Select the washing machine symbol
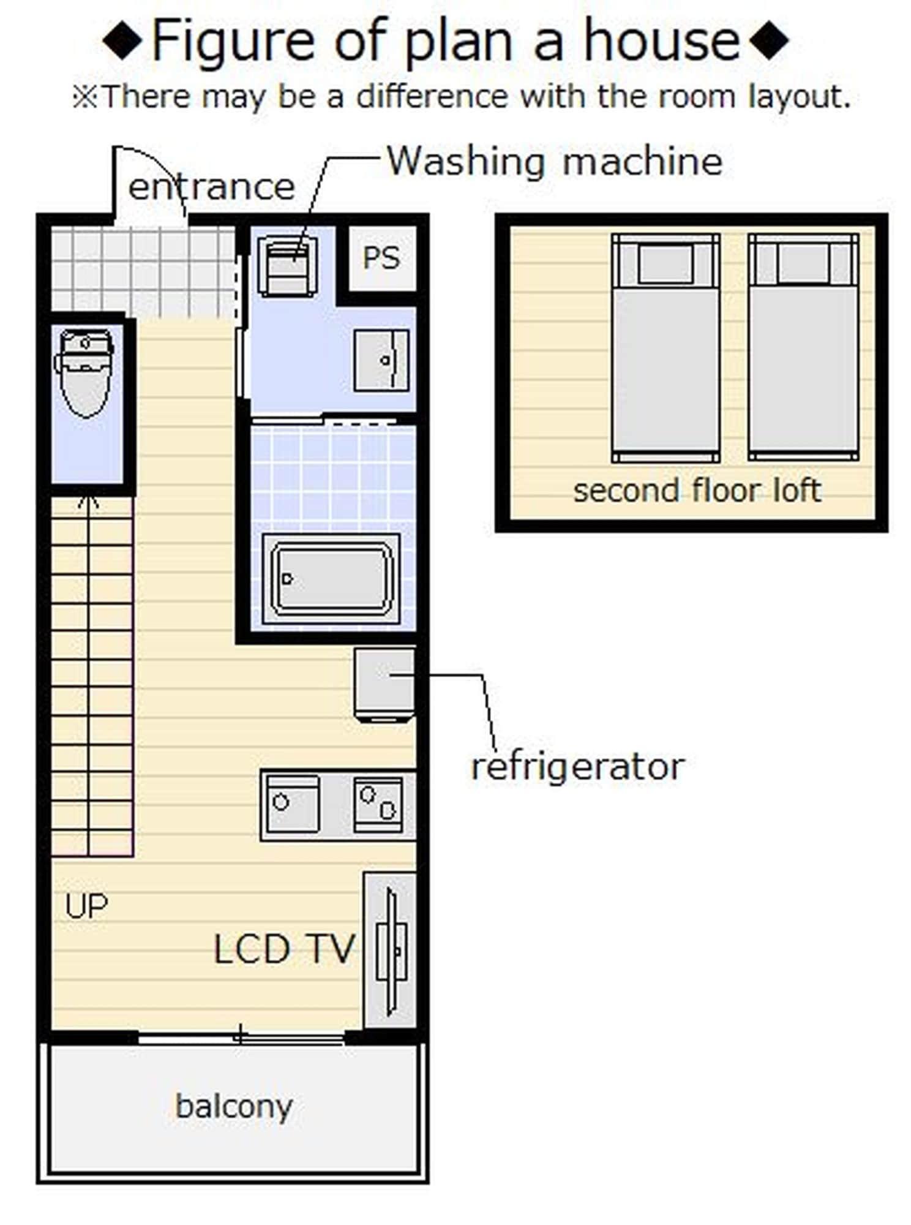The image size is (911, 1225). (288, 266)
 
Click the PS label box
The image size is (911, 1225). (381, 258)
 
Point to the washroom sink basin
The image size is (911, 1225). (381, 360)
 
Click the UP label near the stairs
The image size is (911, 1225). (86, 906)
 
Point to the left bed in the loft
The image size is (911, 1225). (665, 347)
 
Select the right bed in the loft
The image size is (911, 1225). (804, 347)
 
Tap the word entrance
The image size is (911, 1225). (212, 187)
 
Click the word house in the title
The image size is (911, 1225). (662, 41)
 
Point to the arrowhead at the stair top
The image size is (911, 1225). (89, 501)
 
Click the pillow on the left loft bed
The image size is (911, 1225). (665, 264)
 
